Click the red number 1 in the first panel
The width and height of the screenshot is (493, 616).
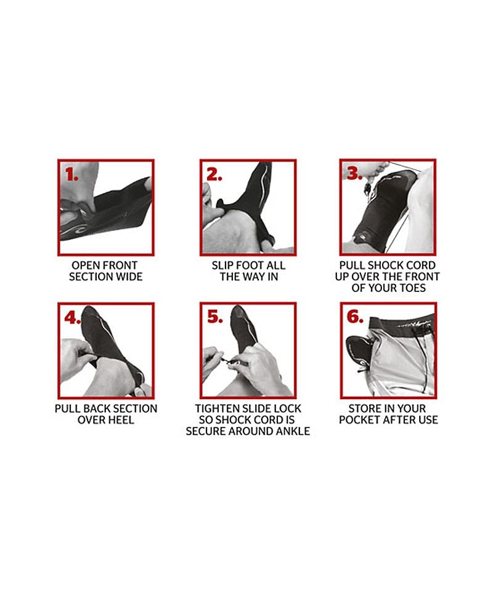(x=71, y=174)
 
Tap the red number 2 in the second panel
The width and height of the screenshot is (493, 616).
(x=214, y=174)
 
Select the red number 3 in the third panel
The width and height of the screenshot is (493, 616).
(x=354, y=173)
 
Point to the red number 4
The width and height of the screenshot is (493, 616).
(x=72, y=317)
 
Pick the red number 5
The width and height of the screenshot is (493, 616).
(x=214, y=317)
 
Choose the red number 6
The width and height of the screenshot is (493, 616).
(x=354, y=317)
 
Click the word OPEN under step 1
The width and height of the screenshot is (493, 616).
(x=84, y=265)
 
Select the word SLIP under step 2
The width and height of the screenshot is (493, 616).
(x=223, y=265)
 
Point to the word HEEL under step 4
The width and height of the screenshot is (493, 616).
(x=121, y=420)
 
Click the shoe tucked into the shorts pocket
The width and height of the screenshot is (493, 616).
(x=359, y=347)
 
